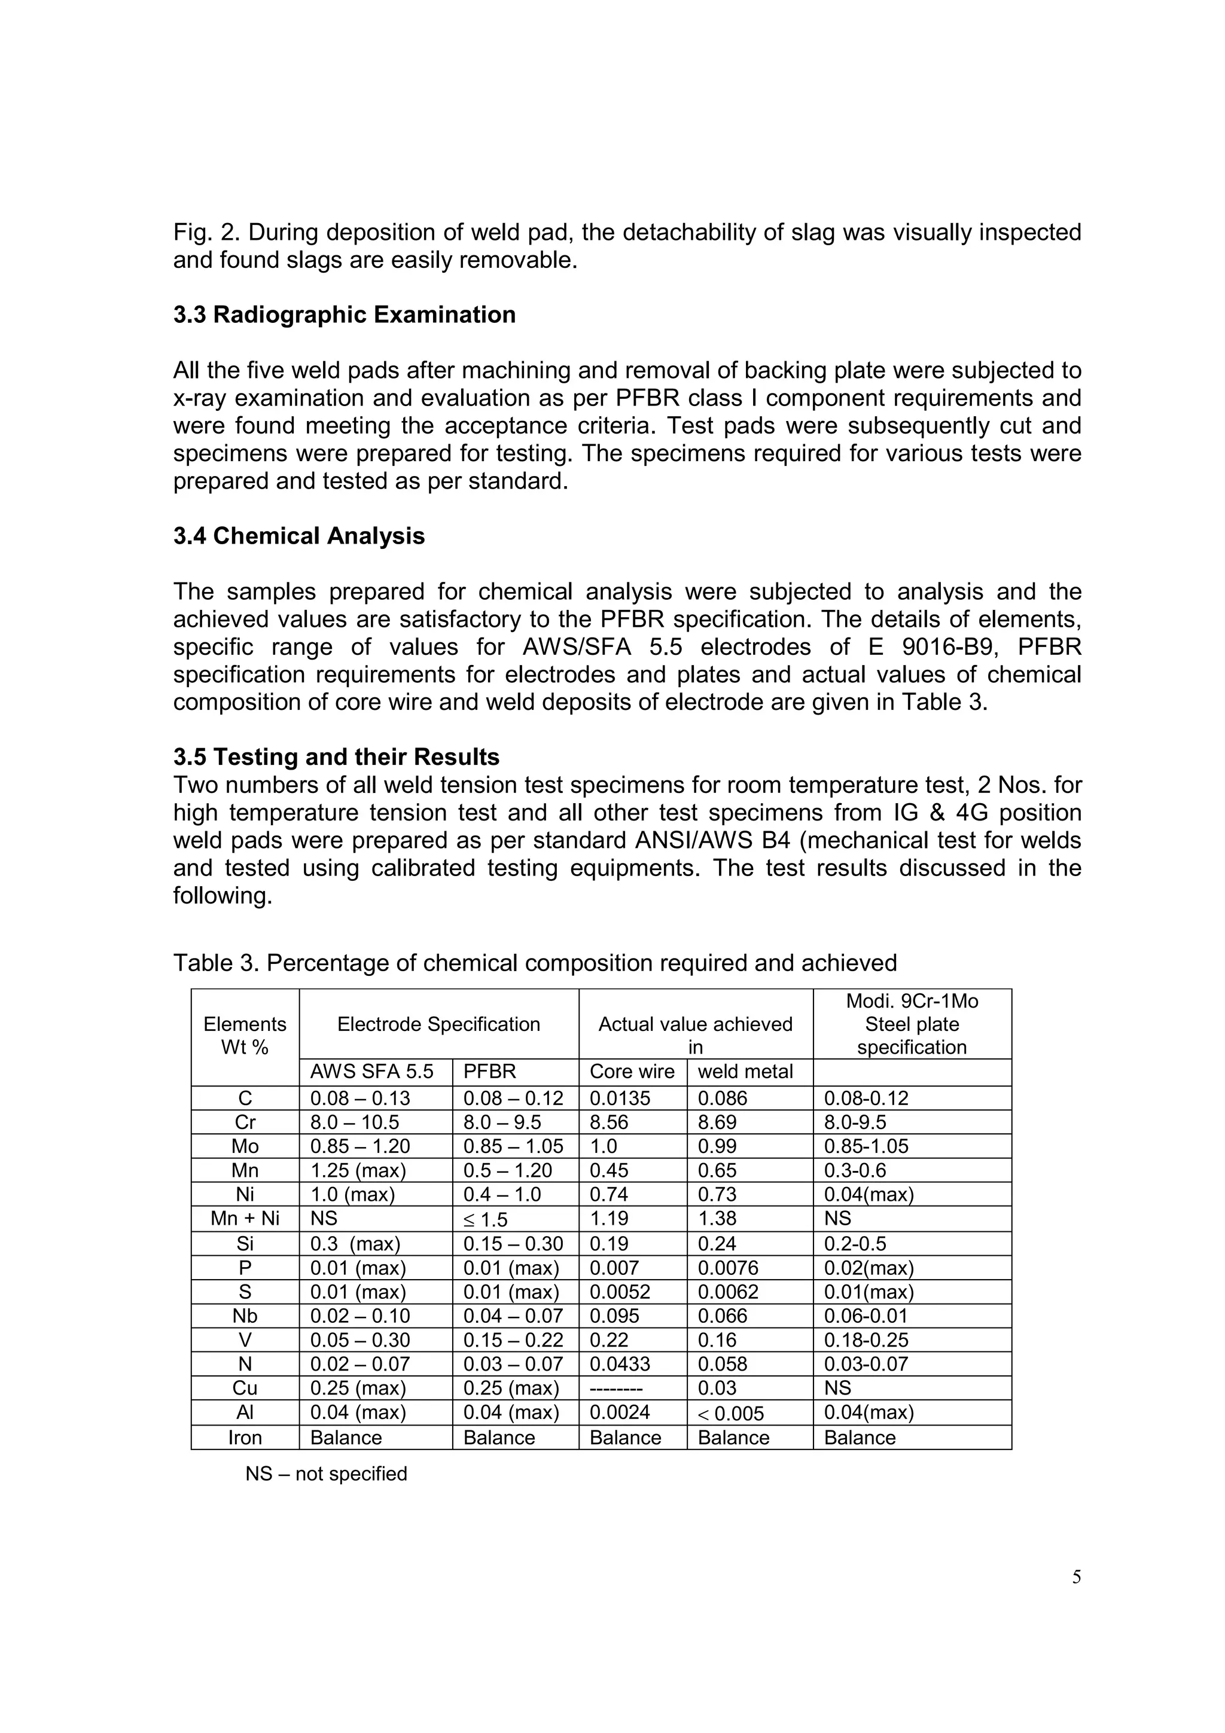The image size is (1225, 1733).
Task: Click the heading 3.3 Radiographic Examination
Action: pos(344,315)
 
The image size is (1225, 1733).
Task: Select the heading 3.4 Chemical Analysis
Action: pos(299,536)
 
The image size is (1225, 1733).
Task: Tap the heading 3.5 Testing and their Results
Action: pos(336,757)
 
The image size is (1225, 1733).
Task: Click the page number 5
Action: pos(1076,1577)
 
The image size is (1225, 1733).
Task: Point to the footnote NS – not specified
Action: pos(326,1474)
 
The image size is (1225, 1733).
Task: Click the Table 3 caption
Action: pos(534,963)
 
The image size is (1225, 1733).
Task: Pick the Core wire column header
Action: pos(621,1072)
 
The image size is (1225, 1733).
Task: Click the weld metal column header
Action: pos(745,1072)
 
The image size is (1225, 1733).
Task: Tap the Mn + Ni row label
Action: pos(245,1218)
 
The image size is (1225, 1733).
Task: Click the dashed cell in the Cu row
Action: pos(616,1388)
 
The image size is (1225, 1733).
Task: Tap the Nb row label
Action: pos(245,1316)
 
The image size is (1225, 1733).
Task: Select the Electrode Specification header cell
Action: pos(438,1024)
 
